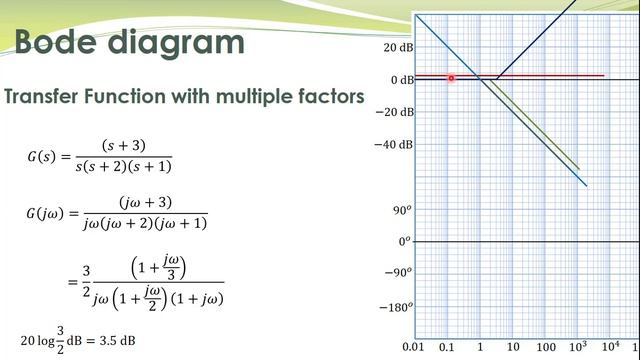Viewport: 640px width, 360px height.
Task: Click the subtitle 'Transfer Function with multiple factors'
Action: click(184, 97)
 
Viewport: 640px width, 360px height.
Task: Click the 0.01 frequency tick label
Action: click(414, 348)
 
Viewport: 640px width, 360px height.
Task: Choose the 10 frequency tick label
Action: click(513, 348)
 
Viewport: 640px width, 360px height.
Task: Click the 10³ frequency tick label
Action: click(578, 347)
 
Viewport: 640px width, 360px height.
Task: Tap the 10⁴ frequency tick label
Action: click(610, 347)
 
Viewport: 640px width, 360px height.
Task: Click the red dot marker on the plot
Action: click(452, 77)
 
